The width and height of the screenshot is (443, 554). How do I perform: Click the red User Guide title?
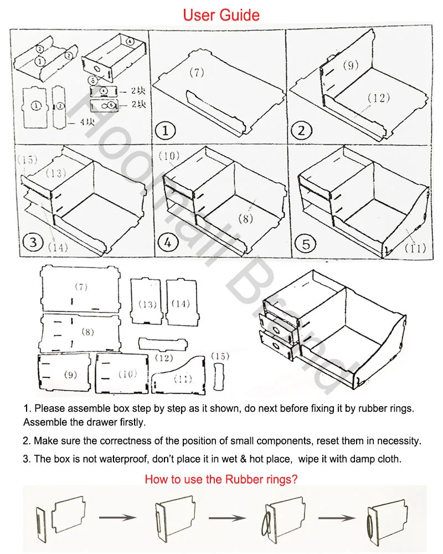221,14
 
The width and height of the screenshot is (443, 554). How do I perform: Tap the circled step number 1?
165,131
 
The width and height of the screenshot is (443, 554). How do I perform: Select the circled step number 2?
302,131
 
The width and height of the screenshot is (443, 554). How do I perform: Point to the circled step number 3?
33,242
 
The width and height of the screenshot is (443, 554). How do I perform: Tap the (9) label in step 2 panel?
350,65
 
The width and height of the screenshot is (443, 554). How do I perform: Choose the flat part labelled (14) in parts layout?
181,302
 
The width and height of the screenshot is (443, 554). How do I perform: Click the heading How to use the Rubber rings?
221,479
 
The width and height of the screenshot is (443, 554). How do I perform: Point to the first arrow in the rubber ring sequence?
117,517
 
